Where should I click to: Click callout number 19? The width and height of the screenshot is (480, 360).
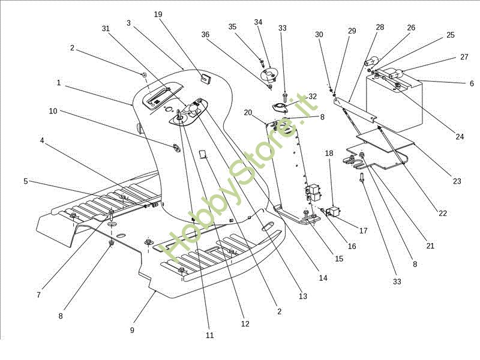click(x=158, y=14)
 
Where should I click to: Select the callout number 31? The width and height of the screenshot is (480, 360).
click(x=106, y=28)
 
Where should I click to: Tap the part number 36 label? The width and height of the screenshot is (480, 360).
click(x=205, y=34)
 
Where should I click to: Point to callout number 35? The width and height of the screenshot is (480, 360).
click(x=232, y=26)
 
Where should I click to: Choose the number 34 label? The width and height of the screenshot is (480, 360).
click(x=259, y=22)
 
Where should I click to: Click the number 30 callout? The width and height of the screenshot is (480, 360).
click(x=319, y=35)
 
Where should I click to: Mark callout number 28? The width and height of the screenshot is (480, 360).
click(x=380, y=28)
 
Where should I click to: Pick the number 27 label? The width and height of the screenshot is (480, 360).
click(x=464, y=57)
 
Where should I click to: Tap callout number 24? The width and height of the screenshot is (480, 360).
click(x=460, y=137)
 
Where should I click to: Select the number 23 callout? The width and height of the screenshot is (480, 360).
click(x=457, y=181)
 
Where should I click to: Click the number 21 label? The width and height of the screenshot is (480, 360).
click(x=430, y=245)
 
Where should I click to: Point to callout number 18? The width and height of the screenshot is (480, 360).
click(x=329, y=153)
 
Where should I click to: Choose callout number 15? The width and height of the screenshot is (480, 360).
click(x=339, y=259)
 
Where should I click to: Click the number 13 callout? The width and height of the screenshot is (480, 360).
click(x=302, y=296)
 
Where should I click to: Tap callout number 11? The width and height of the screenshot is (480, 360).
click(x=209, y=335)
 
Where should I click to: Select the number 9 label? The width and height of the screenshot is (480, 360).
click(x=132, y=330)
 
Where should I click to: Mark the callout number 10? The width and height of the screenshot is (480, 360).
click(x=53, y=111)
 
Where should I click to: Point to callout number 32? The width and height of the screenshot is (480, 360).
click(x=313, y=97)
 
